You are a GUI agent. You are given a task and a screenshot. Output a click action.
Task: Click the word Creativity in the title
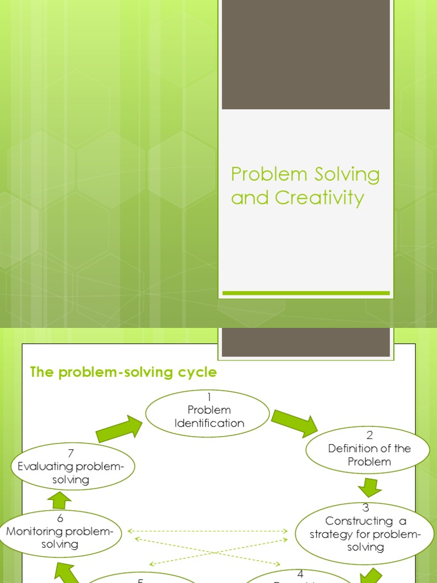click(x=320, y=198)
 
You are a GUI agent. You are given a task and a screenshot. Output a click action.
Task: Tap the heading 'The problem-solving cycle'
click(x=123, y=372)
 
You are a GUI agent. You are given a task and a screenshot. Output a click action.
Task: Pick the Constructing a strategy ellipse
click(x=365, y=533)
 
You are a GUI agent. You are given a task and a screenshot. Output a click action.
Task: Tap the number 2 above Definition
click(x=369, y=436)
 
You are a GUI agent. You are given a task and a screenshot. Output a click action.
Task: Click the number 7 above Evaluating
click(x=71, y=454)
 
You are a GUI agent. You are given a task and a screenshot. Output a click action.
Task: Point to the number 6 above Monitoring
click(x=60, y=518)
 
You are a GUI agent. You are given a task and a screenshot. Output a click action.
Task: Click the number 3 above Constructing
click(x=365, y=507)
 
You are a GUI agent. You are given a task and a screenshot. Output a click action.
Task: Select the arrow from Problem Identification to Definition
click(x=294, y=422)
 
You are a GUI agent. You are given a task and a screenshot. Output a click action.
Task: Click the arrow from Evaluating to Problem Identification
click(x=119, y=429)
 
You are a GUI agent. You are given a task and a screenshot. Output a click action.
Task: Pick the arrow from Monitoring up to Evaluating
click(x=60, y=500)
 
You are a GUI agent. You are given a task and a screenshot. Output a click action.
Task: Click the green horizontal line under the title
click(x=306, y=293)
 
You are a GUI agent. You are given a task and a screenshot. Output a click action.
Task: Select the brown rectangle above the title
click(x=306, y=54)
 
